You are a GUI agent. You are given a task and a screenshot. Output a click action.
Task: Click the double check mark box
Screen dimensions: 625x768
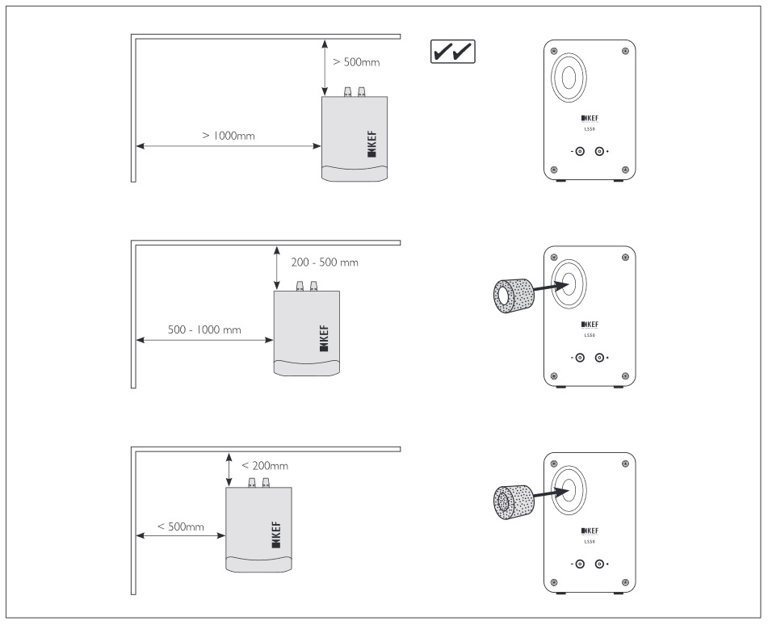pos(451,52)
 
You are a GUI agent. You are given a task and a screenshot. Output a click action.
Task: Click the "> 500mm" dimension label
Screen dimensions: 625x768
pos(356,62)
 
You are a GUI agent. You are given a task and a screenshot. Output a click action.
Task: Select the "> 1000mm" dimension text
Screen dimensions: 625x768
pos(229,136)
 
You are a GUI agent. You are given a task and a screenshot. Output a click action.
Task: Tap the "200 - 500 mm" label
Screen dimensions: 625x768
pos(325,262)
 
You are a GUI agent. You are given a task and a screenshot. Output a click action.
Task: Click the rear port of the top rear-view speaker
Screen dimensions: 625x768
pos(569,80)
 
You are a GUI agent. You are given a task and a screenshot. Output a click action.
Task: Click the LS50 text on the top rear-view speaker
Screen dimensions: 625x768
pos(589,128)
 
